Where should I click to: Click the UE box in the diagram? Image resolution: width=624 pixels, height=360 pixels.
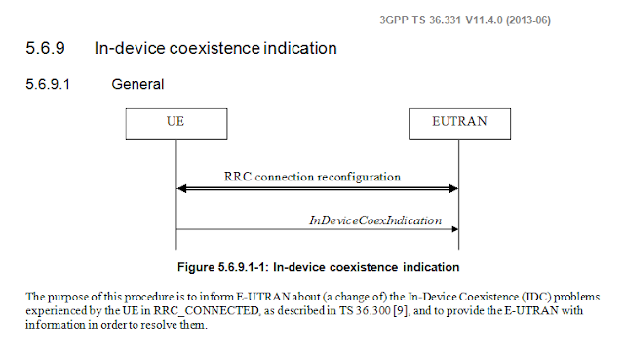click(x=176, y=124)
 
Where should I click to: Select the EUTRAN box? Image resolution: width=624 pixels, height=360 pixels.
click(x=459, y=124)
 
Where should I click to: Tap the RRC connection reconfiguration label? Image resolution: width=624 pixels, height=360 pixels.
click(x=312, y=177)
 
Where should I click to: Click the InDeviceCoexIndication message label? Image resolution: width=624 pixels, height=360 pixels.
click(x=375, y=220)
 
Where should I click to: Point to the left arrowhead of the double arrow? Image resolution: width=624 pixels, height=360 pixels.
click(x=181, y=188)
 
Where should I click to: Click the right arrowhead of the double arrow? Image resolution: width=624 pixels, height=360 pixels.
click(x=453, y=188)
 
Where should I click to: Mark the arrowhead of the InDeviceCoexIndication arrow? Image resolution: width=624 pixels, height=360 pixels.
click(x=455, y=229)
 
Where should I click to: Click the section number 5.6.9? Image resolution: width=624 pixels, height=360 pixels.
click(x=46, y=48)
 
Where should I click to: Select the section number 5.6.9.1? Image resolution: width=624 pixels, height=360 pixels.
click(x=48, y=84)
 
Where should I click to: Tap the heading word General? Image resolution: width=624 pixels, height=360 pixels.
click(x=137, y=84)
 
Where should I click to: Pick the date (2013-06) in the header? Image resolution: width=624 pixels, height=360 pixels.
click(x=528, y=20)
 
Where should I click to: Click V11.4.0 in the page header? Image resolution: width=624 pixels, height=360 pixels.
click(x=485, y=20)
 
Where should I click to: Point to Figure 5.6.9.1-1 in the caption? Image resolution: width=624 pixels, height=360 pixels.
click(x=223, y=267)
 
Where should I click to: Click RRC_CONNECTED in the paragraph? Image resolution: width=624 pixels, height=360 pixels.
click(x=206, y=311)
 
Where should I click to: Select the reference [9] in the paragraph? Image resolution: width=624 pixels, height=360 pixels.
click(x=400, y=310)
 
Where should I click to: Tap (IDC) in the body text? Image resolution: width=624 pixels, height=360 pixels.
click(x=536, y=297)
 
